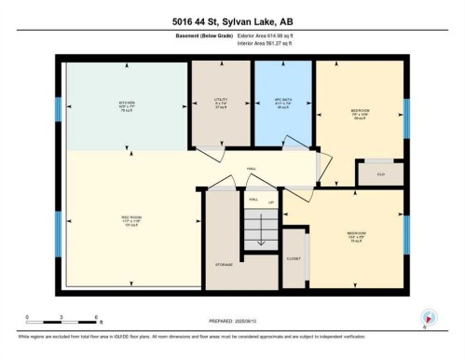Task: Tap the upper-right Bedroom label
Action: (359, 114)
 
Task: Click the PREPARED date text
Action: (232, 323)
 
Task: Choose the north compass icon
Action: (430, 317)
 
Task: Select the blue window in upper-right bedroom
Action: (406, 116)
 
